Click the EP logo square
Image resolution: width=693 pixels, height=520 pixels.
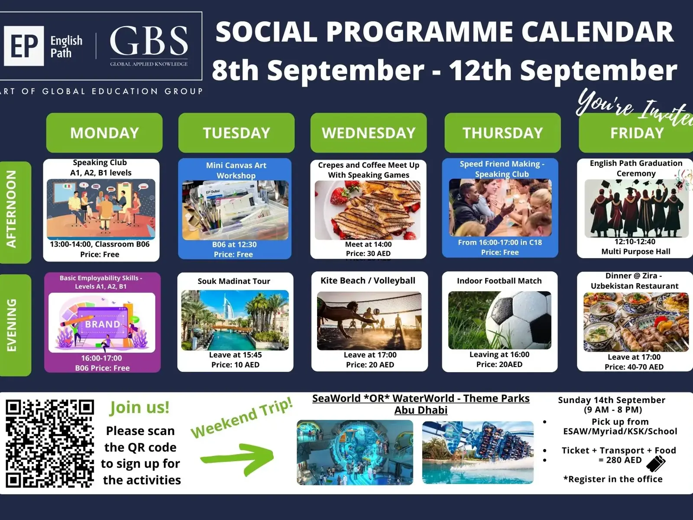pyautogui.click(x=24, y=46)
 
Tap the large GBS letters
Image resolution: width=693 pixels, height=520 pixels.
pyautogui.click(x=149, y=41)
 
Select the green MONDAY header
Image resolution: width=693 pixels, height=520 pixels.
pyautogui.click(x=104, y=133)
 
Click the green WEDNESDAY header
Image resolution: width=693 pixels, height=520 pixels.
pyautogui.click(x=369, y=133)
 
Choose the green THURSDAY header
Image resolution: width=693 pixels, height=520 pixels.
pyautogui.click(x=502, y=133)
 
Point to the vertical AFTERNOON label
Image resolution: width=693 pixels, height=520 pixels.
pyautogui.click(x=12, y=209)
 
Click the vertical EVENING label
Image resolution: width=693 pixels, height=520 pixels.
pyautogui.click(x=12, y=325)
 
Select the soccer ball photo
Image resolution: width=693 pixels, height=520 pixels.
pyautogui.click(x=499, y=320)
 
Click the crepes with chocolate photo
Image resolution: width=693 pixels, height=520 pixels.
pyautogui.click(x=368, y=210)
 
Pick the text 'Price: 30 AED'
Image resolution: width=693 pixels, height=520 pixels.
pyautogui.click(x=368, y=253)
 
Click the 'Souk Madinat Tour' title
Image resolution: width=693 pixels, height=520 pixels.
pyautogui.click(x=234, y=281)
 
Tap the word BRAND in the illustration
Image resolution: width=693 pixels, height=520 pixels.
pyautogui.click(x=103, y=324)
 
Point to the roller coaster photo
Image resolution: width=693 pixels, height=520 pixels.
pyautogui.click(x=478, y=452)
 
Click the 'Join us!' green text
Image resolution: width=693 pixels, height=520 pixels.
pyautogui.click(x=139, y=407)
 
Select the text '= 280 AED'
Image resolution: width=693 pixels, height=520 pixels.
pyautogui.click(x=620, y=460)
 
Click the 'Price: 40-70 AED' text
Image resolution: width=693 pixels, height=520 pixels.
pyautogui.click(x=634, y=367)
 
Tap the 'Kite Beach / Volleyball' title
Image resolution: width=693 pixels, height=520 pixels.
pyautogui.click(x=368, y=280)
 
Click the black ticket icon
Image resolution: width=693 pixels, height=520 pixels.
pyautogui.click(x=656, y=464)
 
